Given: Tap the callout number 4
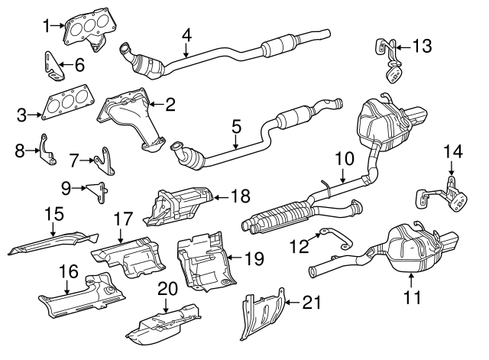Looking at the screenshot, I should [186, 35].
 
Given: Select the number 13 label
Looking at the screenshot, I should [422, 45].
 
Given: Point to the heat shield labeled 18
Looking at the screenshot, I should [178, 204].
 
